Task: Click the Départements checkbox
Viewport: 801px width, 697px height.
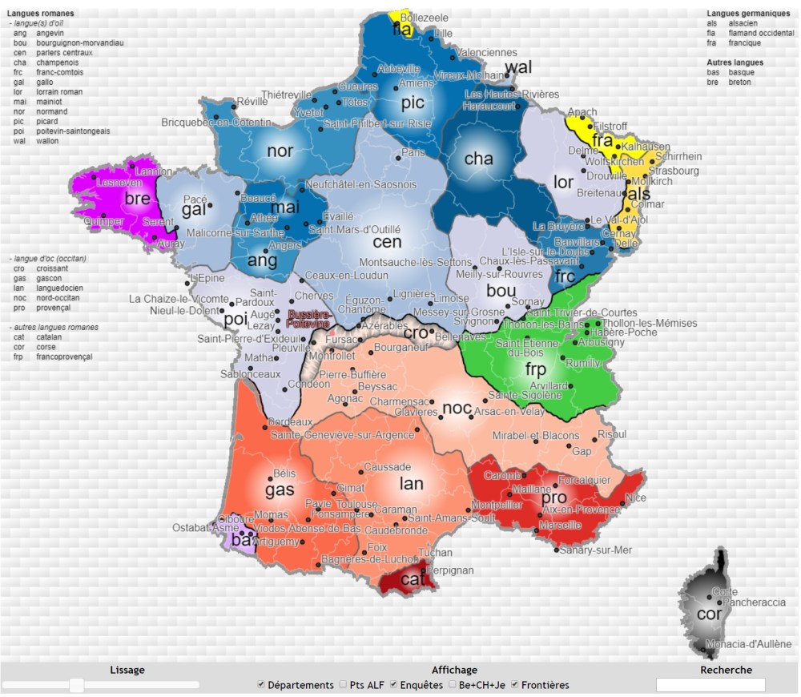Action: (261, 685)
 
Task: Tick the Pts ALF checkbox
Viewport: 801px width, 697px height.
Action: (343, 685)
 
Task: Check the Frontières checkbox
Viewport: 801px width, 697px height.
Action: (515, 685)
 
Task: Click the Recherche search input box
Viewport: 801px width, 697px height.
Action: (710, 685)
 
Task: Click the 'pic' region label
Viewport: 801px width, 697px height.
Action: (413, 103)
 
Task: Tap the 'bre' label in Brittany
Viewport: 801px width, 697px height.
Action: (137, 199)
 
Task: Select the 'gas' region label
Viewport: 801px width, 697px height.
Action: (280, 490)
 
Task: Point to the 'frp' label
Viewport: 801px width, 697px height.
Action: (535, 369)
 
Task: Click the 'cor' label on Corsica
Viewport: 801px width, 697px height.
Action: (709, 614)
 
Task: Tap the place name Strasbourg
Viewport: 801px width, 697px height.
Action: (674, 171)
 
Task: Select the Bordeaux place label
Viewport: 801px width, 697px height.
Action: (290, 422)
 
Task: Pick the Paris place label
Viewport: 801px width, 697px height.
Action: (413, 152)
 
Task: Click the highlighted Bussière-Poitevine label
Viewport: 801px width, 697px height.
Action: (308, 319)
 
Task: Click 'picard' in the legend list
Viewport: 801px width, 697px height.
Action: (47, 121)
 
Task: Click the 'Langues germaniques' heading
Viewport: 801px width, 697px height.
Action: (748, 14)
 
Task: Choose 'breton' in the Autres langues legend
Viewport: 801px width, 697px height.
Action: (741, 82)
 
